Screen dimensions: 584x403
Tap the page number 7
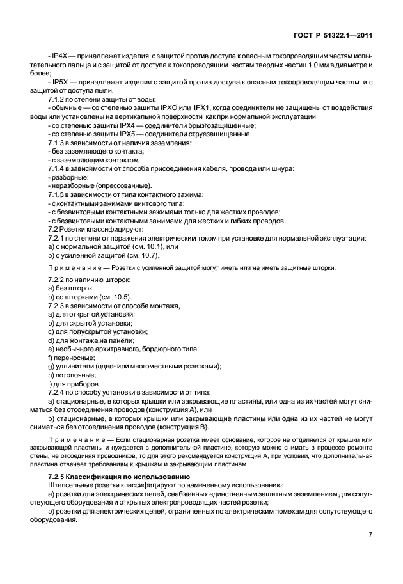pyautogui.click(x=371, y=535)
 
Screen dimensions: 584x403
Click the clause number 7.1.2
pyautogui.click(x=58, y=100)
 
